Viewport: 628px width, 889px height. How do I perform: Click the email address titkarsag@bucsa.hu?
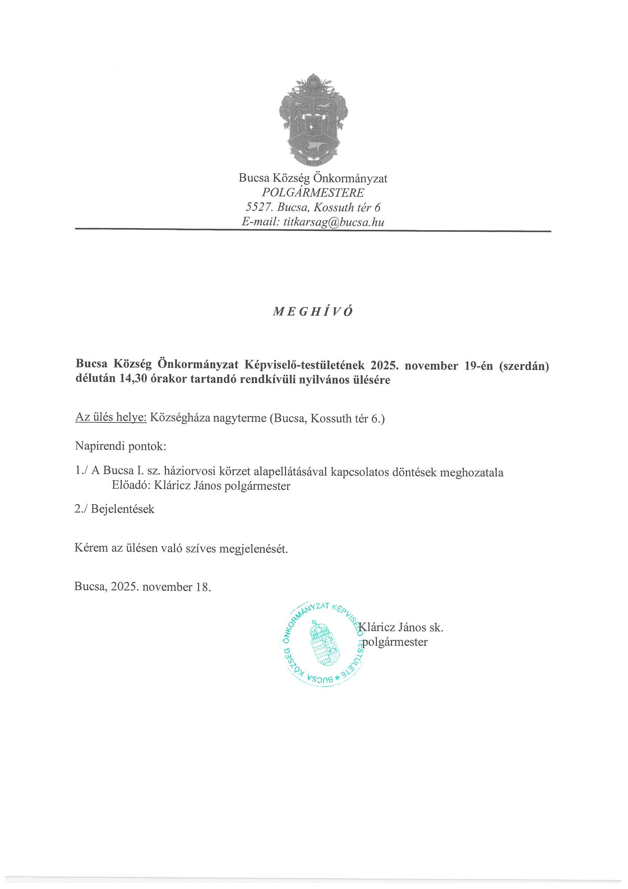coord(333,222)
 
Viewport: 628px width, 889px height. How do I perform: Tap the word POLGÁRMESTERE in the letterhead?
coord(313,193)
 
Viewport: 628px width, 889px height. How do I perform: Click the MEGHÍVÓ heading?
coord(313,312)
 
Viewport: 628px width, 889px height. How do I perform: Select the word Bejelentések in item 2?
coord(123,509)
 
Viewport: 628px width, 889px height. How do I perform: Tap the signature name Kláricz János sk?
coord(401,627)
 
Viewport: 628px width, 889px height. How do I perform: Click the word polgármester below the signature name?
coord(394,642)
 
